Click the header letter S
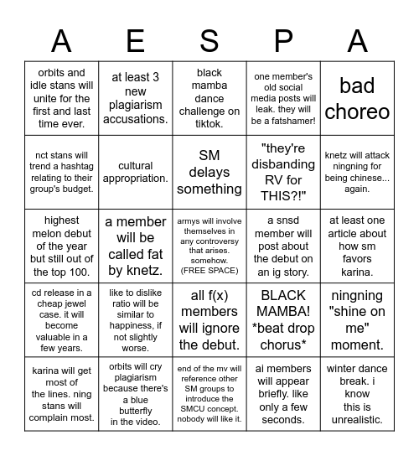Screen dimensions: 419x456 click(209, 40)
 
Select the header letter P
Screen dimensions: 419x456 click(283, 40)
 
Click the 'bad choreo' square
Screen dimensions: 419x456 click(357, 98)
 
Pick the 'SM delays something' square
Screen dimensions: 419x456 click(209, 172)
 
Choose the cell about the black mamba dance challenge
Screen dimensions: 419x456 click(209, 98)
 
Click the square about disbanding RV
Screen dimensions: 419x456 click(283, 172)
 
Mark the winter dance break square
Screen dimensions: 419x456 click(357, 393)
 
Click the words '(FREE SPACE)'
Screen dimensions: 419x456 click(209, 270)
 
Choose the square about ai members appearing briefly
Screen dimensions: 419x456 click(283, 393)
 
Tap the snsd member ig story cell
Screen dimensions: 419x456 click(283, 246)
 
